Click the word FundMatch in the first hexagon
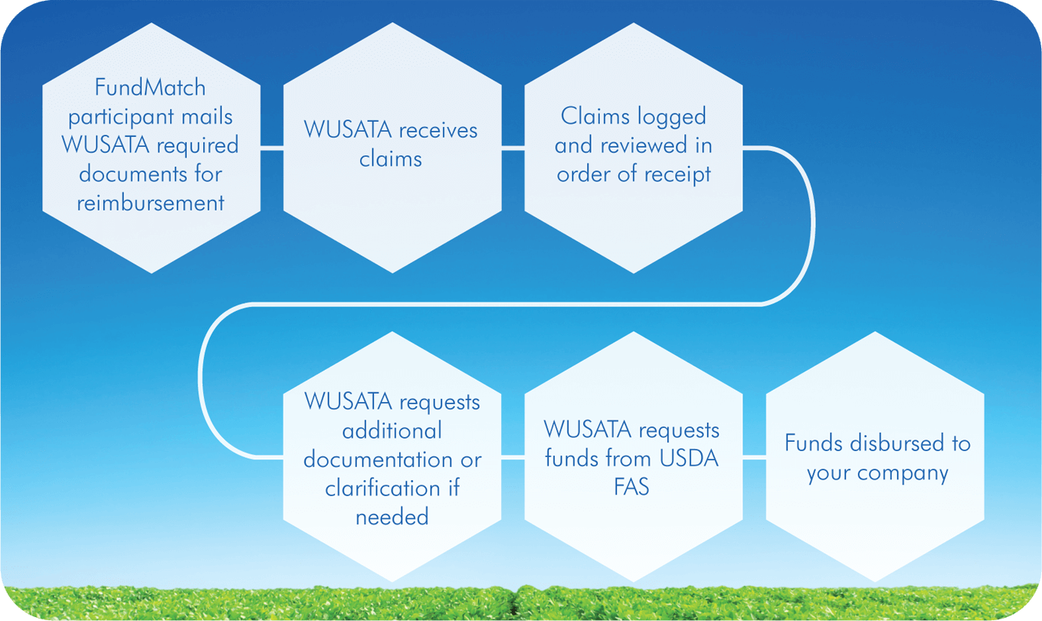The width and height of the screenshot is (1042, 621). click(x=150, y=88)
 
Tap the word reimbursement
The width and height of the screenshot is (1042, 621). click(x=150, y=203)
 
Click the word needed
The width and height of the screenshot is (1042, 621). click(x=392, y=517)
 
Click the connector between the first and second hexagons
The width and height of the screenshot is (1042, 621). click(x=272, y=149)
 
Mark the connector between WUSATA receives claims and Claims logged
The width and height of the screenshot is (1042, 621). click(x=513, y=149)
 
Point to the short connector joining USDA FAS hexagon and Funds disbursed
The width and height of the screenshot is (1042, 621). click(x=754, y=458)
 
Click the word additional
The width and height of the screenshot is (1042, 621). click(x=392, y=430)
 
